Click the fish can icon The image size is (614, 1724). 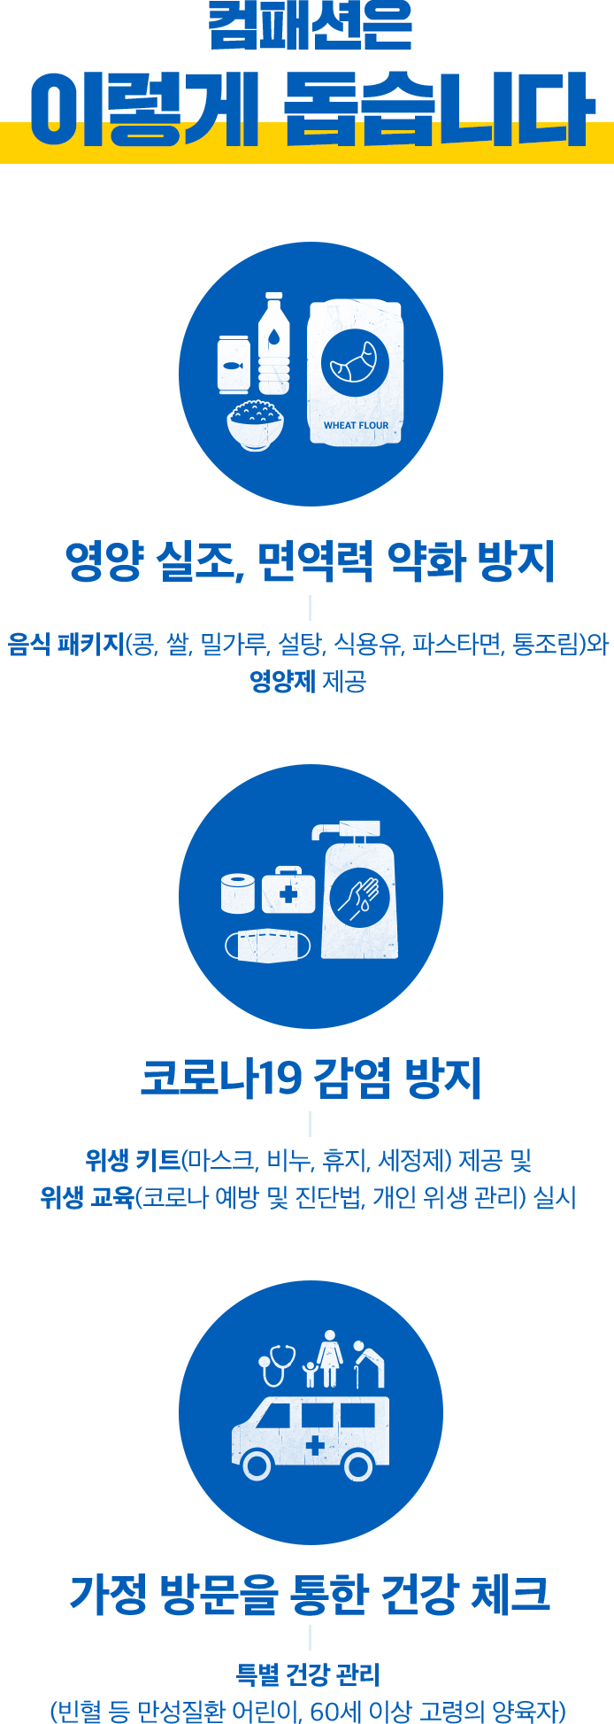(x=234, y=363)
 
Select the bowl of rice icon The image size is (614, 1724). (x=256, y=424)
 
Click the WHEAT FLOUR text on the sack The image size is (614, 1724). (x=356, y=425)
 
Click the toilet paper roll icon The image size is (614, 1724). (x=237, y=893)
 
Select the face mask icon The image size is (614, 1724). (x=268, y=945)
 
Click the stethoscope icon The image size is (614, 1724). (x=276, y=1365)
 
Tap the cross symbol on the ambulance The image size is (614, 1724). (x=313, y=1446)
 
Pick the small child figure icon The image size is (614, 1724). (x=309, y=1373)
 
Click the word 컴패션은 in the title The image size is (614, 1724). (x=310, y=27)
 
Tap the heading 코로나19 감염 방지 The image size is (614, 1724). (x=310, y=1078)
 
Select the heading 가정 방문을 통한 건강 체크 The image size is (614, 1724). (x=310, y=1594)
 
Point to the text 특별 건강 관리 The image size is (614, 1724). (x=308, y=1675)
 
